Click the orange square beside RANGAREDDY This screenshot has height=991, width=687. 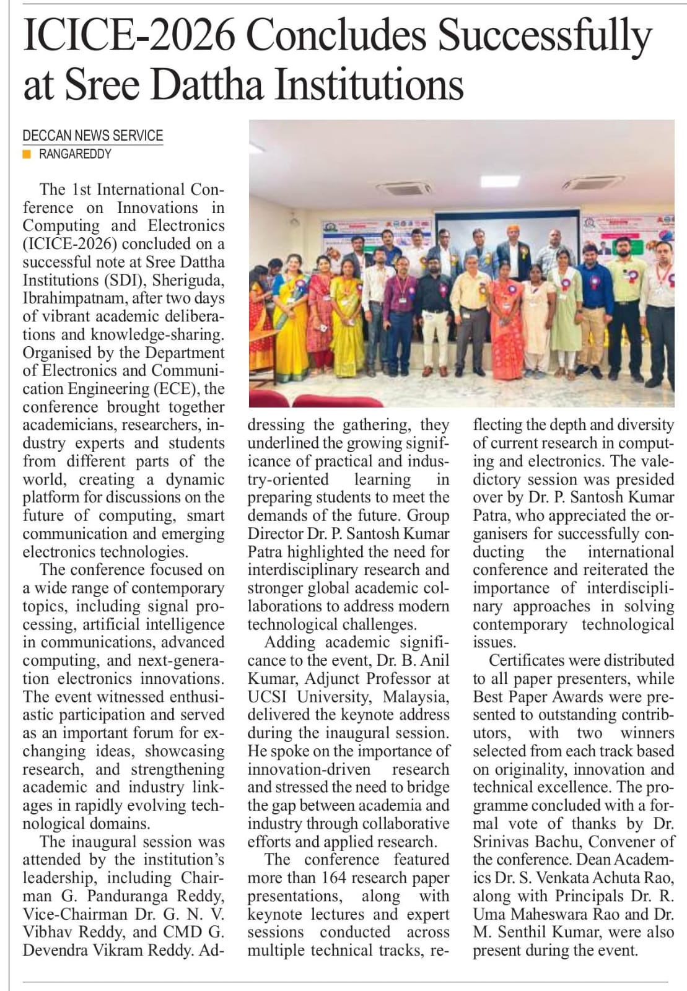(27, 154)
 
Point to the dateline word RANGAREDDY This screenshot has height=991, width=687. (75, 154)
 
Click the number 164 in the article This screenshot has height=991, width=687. (334, 878)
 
